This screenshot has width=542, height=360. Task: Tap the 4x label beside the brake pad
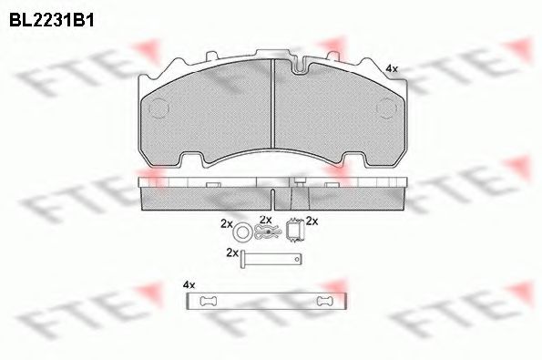tap(391, 68)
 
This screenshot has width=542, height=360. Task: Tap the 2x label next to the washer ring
tap(226, 222)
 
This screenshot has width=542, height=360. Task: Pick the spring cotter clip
tap(266, 234)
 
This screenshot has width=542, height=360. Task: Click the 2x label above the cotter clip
tap(266, 220)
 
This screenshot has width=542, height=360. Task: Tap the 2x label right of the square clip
tap(311, 221)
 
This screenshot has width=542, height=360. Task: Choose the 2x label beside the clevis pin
tap(231, 252)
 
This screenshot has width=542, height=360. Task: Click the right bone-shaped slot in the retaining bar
tap(322, 302)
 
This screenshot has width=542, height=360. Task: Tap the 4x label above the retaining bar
tap(189, 284)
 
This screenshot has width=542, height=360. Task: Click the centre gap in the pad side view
tap(275, 193)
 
